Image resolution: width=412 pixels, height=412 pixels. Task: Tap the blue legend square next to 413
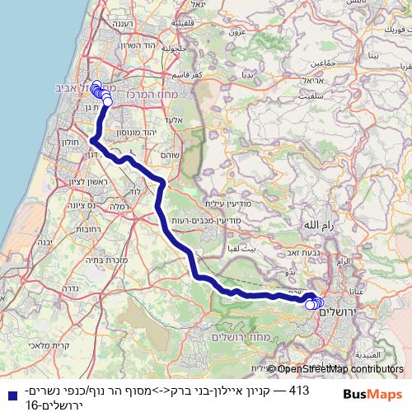[x=8, y=394]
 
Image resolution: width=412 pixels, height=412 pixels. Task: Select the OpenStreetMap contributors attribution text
[x=341, y=369]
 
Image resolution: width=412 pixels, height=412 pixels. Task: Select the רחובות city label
[x=86, y=230]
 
